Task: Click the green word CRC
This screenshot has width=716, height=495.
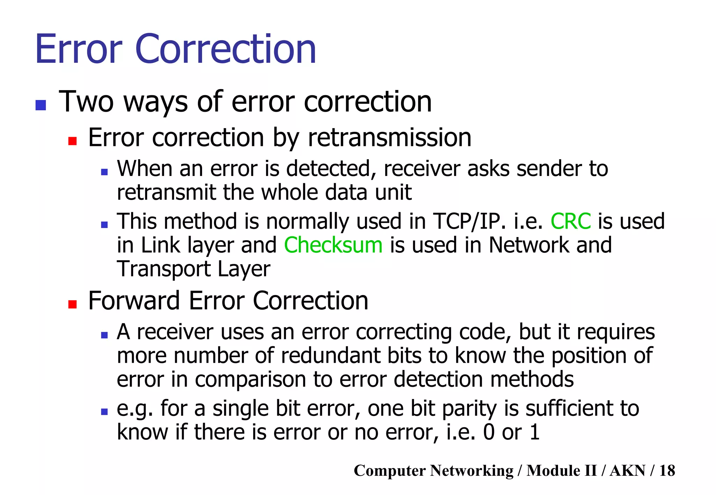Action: click(x=571, y=221)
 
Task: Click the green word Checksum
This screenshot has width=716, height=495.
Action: click(x=333, y=245)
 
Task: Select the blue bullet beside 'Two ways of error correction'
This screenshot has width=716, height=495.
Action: click(x=41, y=105)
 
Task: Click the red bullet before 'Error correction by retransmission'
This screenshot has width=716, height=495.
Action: click(x=72, y=141)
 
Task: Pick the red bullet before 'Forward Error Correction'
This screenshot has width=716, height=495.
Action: click(x=72, y=304)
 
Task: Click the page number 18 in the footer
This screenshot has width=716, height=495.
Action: click(x=667, y=471)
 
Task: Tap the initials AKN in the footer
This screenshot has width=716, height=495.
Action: click(x=627, y=471)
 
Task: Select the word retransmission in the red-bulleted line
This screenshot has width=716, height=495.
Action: click(x=389, y=138)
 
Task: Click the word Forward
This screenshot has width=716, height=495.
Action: click(x=134, y=301)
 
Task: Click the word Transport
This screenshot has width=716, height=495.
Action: click(x=163, y=269)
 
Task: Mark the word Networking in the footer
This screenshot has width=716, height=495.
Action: click(x=472, y=471)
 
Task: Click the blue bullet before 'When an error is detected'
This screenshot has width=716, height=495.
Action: click(x=104, y=172)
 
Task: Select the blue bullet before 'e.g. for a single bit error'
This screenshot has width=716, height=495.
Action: click(x=104, y=412)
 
